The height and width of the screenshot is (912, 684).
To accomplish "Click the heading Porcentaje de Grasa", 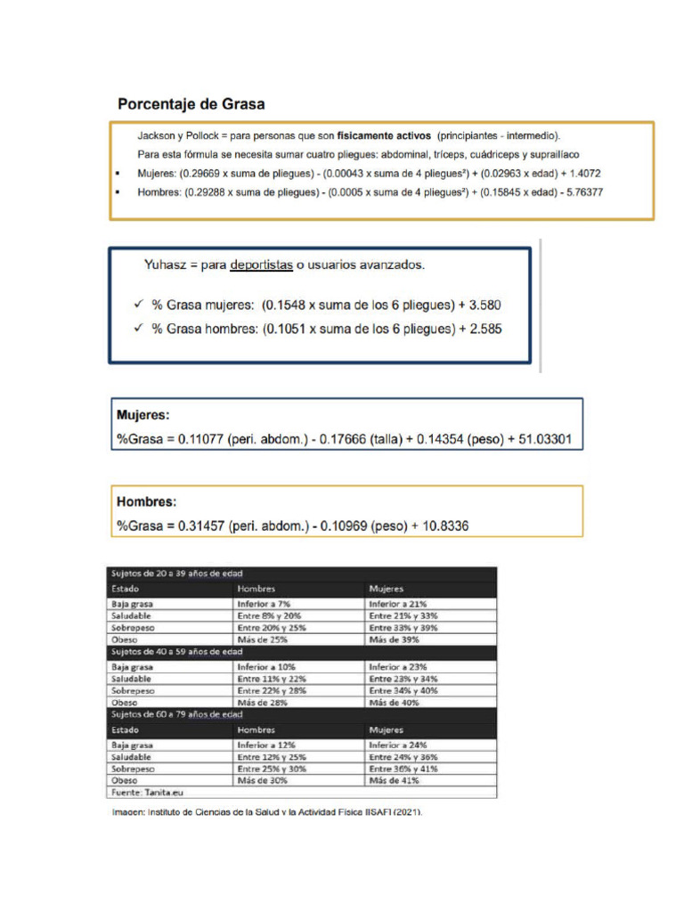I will (x=191, y=104).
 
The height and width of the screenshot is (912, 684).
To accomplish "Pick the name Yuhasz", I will (x=167, y=265).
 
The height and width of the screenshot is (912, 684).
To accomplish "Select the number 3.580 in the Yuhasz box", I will (x=483, y=305).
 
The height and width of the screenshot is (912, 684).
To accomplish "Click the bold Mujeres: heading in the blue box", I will (x=143, y=415).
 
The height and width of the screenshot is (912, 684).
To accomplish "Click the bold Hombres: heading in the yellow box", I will (x=146, y=501).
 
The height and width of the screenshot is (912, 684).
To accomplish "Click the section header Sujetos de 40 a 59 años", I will (x=176, y=652).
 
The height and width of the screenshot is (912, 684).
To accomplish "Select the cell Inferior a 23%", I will (x=398, y=665).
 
